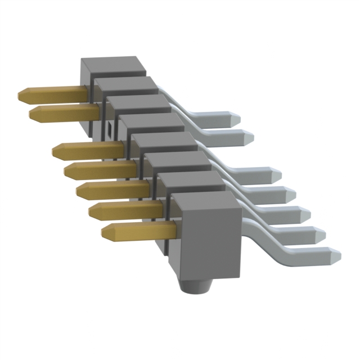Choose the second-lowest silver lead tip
pyautogui.click(x=318, y=233)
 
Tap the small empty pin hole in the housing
pyautogui.click(x=108, y=131)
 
